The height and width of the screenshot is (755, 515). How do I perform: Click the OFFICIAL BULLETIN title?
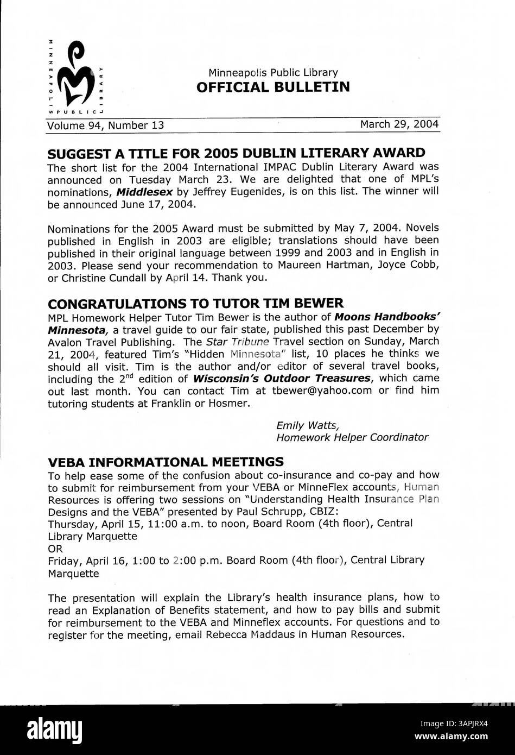273,87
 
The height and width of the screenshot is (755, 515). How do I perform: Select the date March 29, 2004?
399,124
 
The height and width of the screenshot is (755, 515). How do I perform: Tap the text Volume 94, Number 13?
105,125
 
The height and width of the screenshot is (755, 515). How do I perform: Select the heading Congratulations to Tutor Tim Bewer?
195,303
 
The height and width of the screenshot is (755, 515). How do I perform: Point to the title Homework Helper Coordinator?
352,437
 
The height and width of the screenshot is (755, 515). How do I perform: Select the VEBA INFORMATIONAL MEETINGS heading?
166,462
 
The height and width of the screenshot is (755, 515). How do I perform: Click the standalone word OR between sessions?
55,548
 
